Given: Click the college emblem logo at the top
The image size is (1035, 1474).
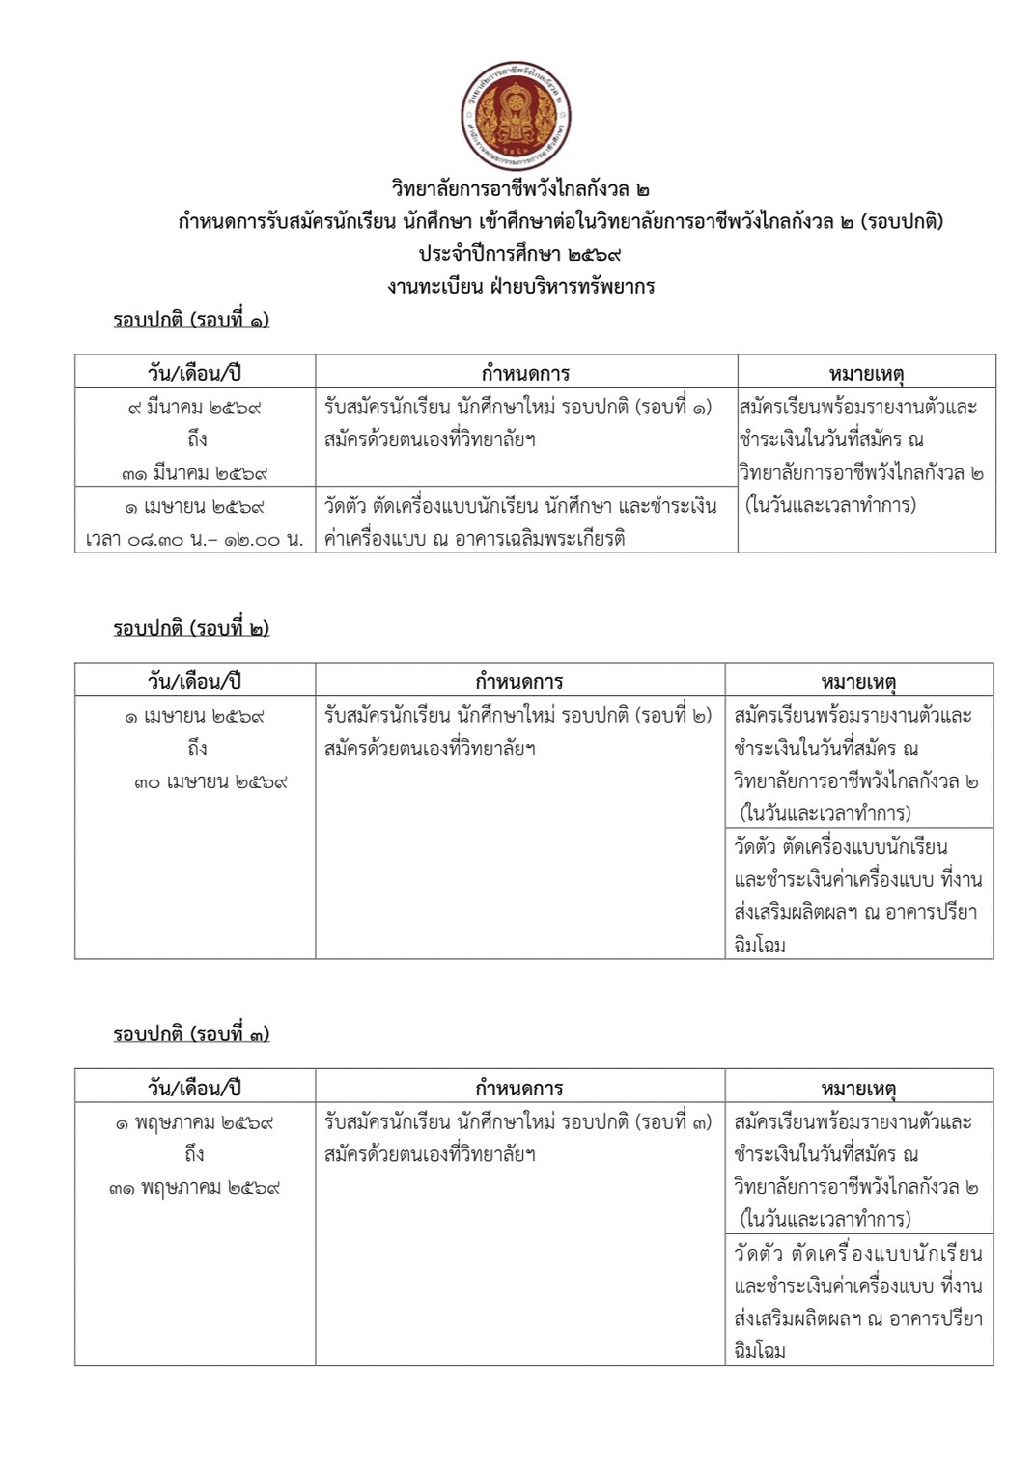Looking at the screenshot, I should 517,116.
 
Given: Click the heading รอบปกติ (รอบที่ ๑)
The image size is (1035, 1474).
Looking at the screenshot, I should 191,320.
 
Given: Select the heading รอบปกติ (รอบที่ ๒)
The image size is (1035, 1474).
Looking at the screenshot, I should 191,628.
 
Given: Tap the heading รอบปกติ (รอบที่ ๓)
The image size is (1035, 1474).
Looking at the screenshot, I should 191,1034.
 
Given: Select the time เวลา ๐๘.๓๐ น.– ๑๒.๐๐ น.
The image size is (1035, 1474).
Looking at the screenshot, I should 194,539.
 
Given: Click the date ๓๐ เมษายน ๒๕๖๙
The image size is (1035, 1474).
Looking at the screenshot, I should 210,781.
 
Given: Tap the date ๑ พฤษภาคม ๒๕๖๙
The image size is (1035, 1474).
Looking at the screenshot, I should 194,1122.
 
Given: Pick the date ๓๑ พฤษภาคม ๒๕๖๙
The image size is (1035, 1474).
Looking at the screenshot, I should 194,1188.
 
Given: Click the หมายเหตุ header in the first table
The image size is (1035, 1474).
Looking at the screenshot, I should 866,373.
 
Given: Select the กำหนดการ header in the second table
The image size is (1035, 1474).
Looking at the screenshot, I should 519,681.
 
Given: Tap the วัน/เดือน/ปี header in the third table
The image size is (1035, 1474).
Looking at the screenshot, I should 194,1088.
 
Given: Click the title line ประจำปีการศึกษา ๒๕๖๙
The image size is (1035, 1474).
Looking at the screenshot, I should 519,254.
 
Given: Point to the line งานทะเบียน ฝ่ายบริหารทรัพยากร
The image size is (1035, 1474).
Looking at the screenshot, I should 520,286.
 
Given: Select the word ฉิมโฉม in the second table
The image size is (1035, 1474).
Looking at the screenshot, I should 760,945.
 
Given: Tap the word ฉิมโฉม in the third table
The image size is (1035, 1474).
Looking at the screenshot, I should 760,1350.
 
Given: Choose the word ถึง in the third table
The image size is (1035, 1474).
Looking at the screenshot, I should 195,1154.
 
